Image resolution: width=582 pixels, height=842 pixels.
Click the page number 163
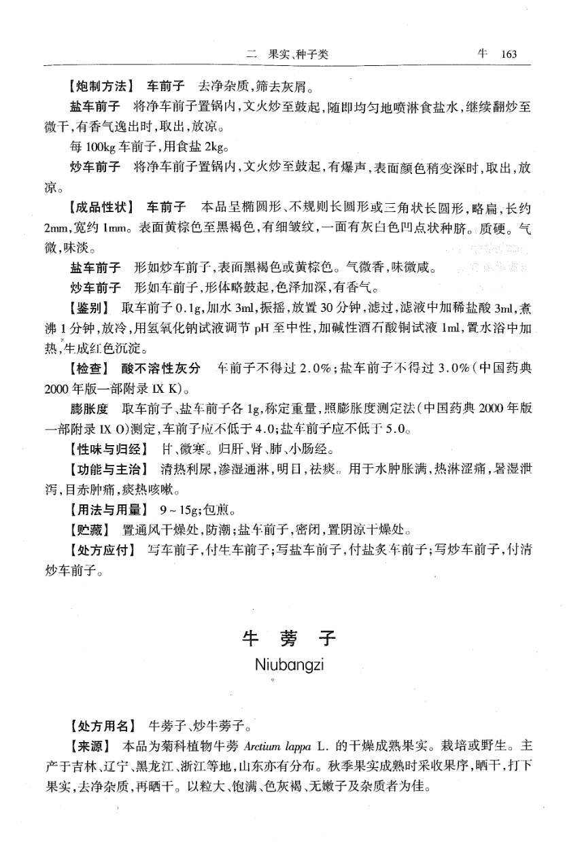509,54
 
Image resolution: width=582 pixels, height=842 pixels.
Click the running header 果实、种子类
298,54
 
